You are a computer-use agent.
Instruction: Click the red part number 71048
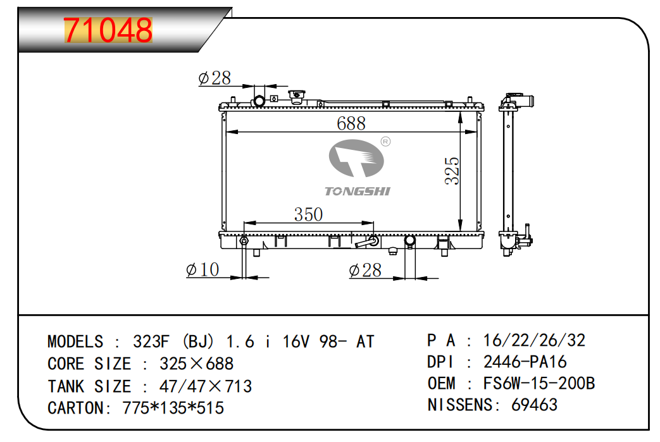(x=108, y=30)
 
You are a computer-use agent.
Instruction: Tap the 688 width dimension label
(x=351, y=123)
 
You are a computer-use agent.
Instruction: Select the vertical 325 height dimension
(x=452, y=171)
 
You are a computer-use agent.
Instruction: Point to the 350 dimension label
(x=308, y=214)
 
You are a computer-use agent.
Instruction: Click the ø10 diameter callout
(x=202, y=269)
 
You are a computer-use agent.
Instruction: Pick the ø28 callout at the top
(x=215, y=78)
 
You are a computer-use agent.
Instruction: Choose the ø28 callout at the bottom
(x=365, y=270)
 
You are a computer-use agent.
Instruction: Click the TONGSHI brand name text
(x=358, y=192)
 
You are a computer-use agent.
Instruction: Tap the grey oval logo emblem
(x=356, y=158)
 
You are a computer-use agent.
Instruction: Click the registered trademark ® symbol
(x=385, y=142)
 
